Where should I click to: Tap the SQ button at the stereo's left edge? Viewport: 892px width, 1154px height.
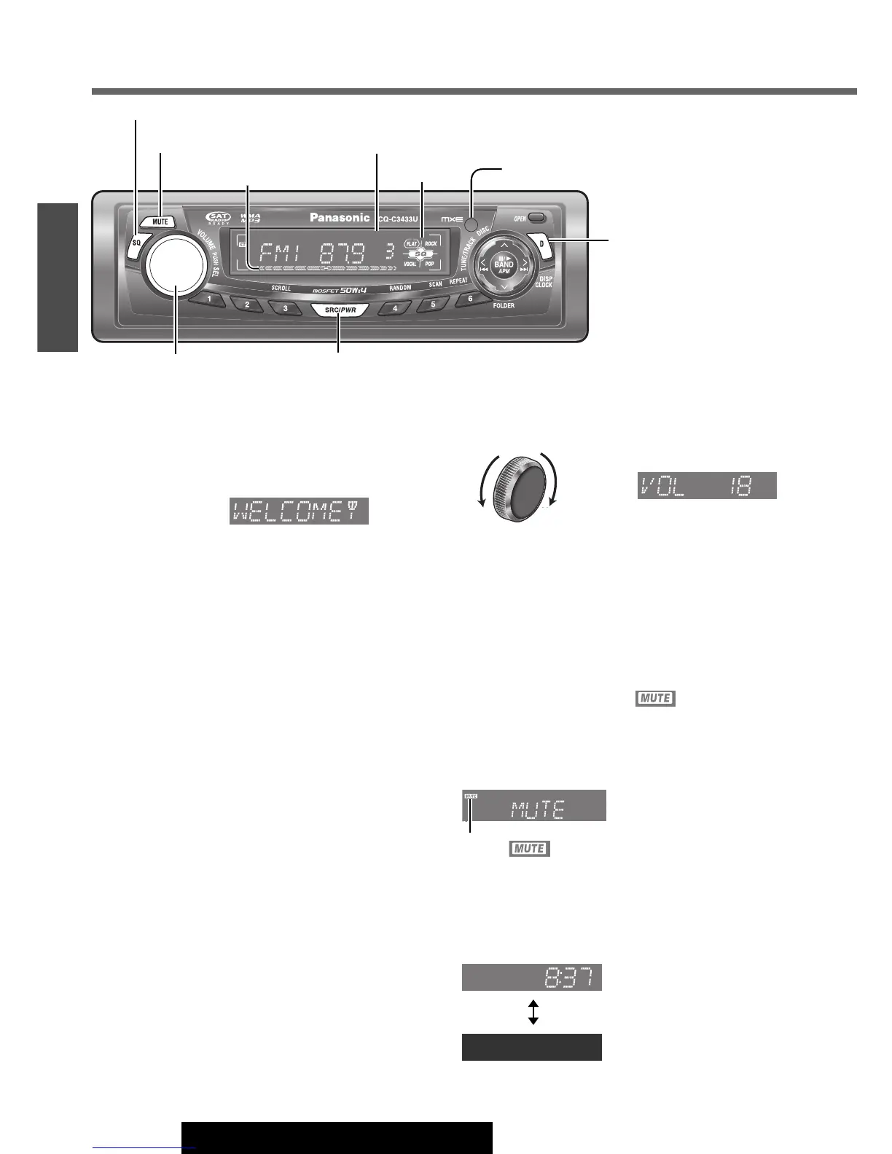point(136,243)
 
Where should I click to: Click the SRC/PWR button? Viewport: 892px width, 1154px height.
point(340,310)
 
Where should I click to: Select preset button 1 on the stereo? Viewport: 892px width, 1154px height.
point(209,299)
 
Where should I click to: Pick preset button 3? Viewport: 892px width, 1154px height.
point(285,308)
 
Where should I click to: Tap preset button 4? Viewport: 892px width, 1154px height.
point(396,308)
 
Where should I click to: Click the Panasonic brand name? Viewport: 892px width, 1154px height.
point(340,217)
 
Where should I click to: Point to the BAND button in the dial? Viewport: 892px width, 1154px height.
point(504,266)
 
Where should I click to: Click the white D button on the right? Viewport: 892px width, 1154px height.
point(541,244)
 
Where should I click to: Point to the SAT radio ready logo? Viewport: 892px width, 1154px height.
point(218,218)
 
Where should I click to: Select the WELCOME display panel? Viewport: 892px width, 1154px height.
point(299,511)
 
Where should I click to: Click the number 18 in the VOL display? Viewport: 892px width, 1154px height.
point(742,486)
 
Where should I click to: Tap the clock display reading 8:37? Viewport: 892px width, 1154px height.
point(532,977)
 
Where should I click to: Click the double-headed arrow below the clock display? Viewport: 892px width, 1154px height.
point(533,1013)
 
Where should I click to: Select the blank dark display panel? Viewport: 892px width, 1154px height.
point(532,1047)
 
